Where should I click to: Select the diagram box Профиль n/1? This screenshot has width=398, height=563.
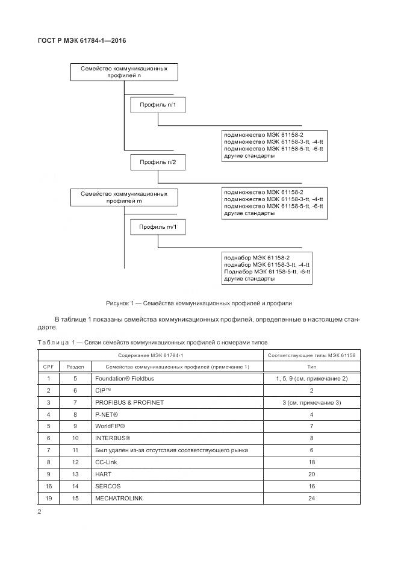click(x=158, y=105)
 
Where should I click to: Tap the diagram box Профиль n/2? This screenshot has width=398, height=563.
click(x=158, y=162)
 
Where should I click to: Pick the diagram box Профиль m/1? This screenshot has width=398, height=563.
click(x=158, y=227)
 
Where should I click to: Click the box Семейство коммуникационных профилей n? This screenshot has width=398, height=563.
click(x=123, y=72)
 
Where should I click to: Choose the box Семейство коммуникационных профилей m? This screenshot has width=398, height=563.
click(x=123, y=197)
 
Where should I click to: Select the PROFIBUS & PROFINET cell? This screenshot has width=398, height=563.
click(x=129, y=402)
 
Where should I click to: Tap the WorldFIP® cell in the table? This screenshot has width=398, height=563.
click(x=110, y=426)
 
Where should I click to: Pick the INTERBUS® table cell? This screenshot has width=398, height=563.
click(x=112, y=438)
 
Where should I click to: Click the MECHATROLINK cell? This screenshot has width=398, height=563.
click(x=119, y=499)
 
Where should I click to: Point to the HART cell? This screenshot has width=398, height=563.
click(x=104, y=474)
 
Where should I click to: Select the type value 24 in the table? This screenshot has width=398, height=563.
click(x=311, y=499)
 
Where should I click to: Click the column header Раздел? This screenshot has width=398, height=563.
click(x=75, y=366)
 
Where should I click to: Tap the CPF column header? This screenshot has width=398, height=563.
click(x=49, y=366)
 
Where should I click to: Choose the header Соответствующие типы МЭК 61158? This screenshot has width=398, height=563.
click(x=311, y=355)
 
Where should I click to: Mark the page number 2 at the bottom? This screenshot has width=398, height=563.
click(x=39, y=512)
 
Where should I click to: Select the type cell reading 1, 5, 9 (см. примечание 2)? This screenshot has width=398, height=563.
click(x=311, y=379)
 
